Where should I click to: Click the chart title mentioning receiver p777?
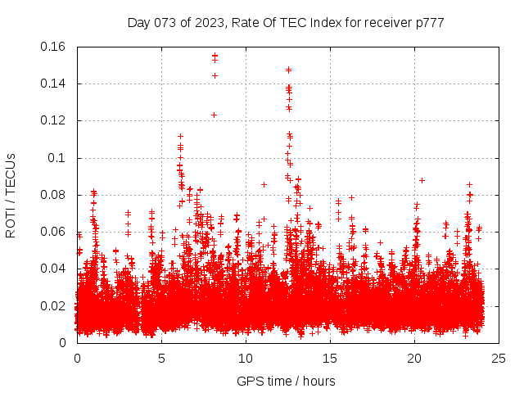pos(286,23)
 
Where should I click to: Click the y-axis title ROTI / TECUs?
pos(11,195)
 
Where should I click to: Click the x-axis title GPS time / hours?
pos(286,381)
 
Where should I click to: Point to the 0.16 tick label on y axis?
pos(54,47)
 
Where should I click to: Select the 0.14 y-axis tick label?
pos(54,84)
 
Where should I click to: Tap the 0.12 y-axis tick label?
pos(54,120)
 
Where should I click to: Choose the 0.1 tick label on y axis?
pos(59,158)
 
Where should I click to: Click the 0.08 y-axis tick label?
pos(54,195)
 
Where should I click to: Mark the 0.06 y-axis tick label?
pos(54,232)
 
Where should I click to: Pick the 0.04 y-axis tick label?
pos(54,269)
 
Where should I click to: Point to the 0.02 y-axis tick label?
pos(54,306)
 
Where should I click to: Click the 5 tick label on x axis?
pos(161,358)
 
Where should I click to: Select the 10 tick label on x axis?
pos(246,358)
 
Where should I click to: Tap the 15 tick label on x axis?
pos(330,358)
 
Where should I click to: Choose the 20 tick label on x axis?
pos(414,358)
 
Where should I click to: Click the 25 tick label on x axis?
pos(499,358)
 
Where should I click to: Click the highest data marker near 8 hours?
pos(215,56)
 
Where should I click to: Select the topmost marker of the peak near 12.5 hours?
pos(288,70)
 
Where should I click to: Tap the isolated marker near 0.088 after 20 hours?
pos(422,180)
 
